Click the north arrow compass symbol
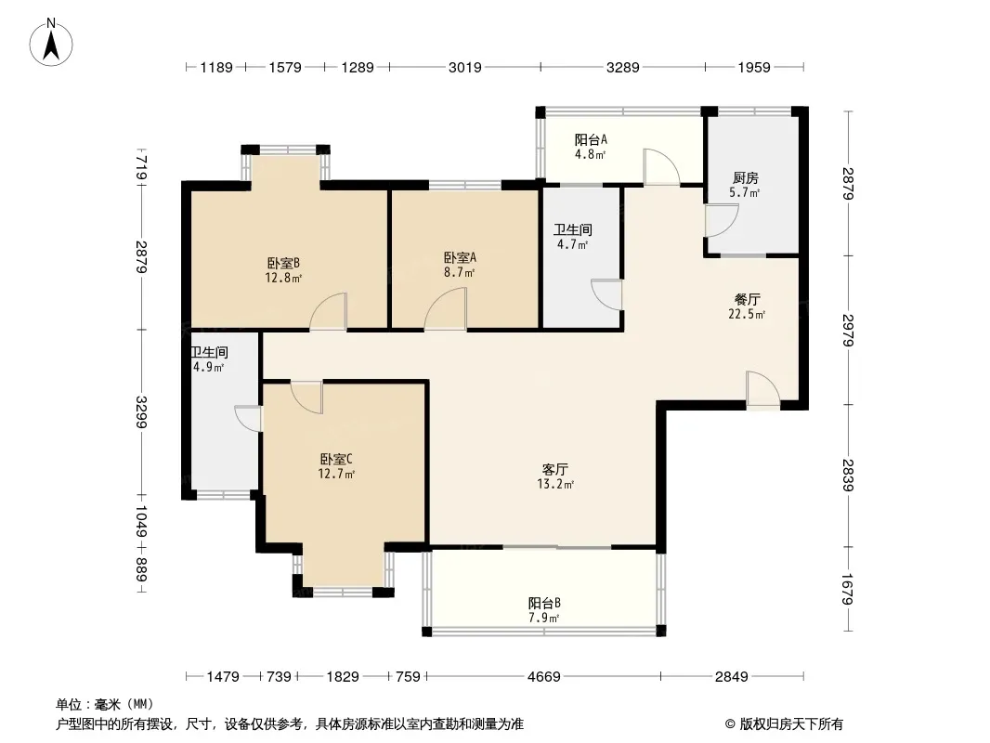51,43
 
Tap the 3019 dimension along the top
464,67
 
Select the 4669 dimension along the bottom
543,677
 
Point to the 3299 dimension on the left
140,411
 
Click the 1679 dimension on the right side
847,588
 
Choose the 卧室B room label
283,263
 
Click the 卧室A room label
460,257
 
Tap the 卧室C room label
336,459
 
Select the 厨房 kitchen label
746,178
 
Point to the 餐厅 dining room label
747,299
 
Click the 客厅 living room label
555,469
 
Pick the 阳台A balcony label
591,139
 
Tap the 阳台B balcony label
544,603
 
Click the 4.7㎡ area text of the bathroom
573,244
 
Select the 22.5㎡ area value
747,314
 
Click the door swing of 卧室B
329,311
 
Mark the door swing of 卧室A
445,308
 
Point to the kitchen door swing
722,220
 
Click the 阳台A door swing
661,166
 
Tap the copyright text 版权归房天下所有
791,724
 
